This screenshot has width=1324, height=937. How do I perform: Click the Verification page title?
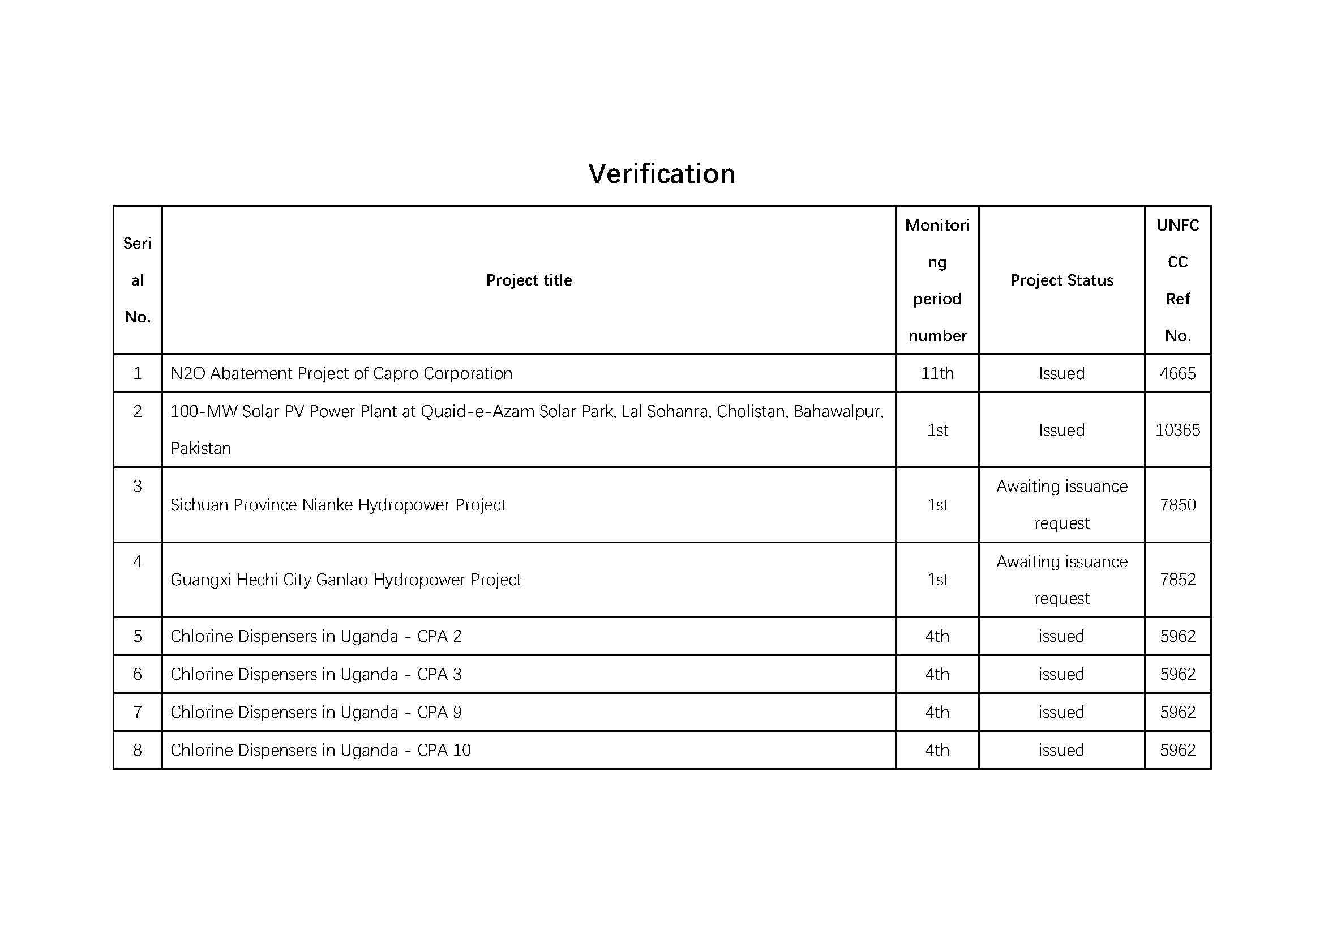[661, 174]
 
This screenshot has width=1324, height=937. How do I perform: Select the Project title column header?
[529, 280]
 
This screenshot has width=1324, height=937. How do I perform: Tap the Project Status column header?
[1061, 280]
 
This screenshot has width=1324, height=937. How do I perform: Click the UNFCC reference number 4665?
[1177, 373]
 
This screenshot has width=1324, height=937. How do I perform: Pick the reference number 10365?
[1177, 430]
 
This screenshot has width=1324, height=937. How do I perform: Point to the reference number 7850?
[1177, 505]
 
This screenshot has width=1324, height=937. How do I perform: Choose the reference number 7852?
[1177, 580]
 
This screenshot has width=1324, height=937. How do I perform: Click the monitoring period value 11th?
[937, 373]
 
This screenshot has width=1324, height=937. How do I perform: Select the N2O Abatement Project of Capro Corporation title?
[341, 373]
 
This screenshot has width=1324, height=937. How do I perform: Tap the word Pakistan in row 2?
[201, 448]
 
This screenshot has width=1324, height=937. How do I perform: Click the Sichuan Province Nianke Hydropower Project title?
[338, 505]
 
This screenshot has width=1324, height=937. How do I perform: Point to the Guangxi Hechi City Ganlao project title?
[345, 580]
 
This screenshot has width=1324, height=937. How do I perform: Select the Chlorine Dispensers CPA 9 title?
[316, 712]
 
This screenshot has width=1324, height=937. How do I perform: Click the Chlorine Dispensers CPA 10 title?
[320, 750]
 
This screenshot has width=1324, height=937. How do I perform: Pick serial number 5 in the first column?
[137, 636]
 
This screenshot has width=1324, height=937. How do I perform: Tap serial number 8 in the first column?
[137, 750]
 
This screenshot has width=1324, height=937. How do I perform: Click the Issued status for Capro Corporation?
[1061, 373]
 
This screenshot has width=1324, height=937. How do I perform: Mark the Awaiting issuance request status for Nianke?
[1061, 505]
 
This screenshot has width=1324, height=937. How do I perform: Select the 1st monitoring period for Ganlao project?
[937, 580]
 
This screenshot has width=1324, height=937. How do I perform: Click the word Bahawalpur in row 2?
[837, 411]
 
